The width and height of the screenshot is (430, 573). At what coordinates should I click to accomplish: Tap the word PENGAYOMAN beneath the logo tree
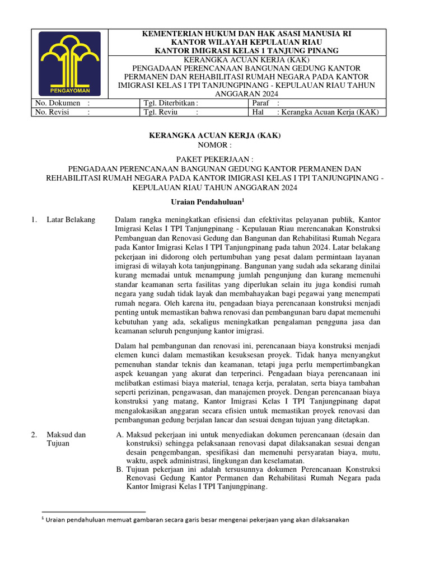tap(69, 90)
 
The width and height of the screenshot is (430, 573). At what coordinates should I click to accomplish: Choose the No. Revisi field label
tap(52, 112)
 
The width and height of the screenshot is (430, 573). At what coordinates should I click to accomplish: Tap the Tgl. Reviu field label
tap(160, 112)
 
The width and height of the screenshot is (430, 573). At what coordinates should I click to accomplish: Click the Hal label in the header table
tap(259, 112)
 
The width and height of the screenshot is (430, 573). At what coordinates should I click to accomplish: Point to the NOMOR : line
tap(214, 145)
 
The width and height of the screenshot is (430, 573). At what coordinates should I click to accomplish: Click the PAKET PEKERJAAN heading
tap(214, 159)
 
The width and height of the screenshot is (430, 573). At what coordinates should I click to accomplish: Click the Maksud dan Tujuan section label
tap(66, 439)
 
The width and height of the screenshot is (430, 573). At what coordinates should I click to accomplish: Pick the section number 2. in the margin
tap(34, 435)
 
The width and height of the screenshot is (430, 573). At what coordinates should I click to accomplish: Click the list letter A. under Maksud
tap(119, 435)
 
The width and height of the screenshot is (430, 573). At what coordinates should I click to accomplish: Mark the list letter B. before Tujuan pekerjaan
tap(119, 469)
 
